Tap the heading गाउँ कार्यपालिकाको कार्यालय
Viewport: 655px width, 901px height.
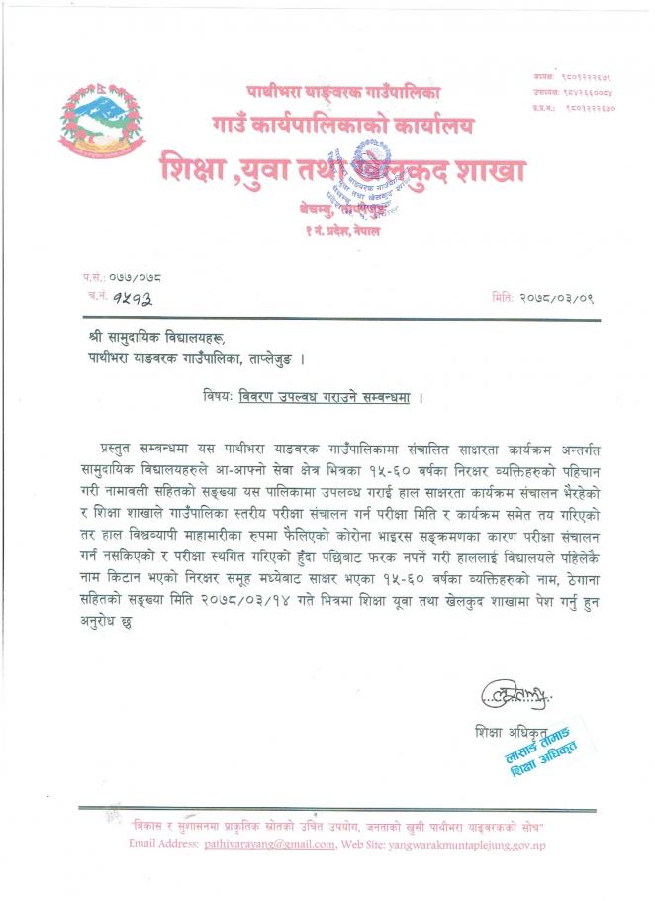pyautogui.click(x=342, y=126)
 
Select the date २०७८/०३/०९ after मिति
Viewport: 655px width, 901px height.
pyautogui.click(x=557, y=297)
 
